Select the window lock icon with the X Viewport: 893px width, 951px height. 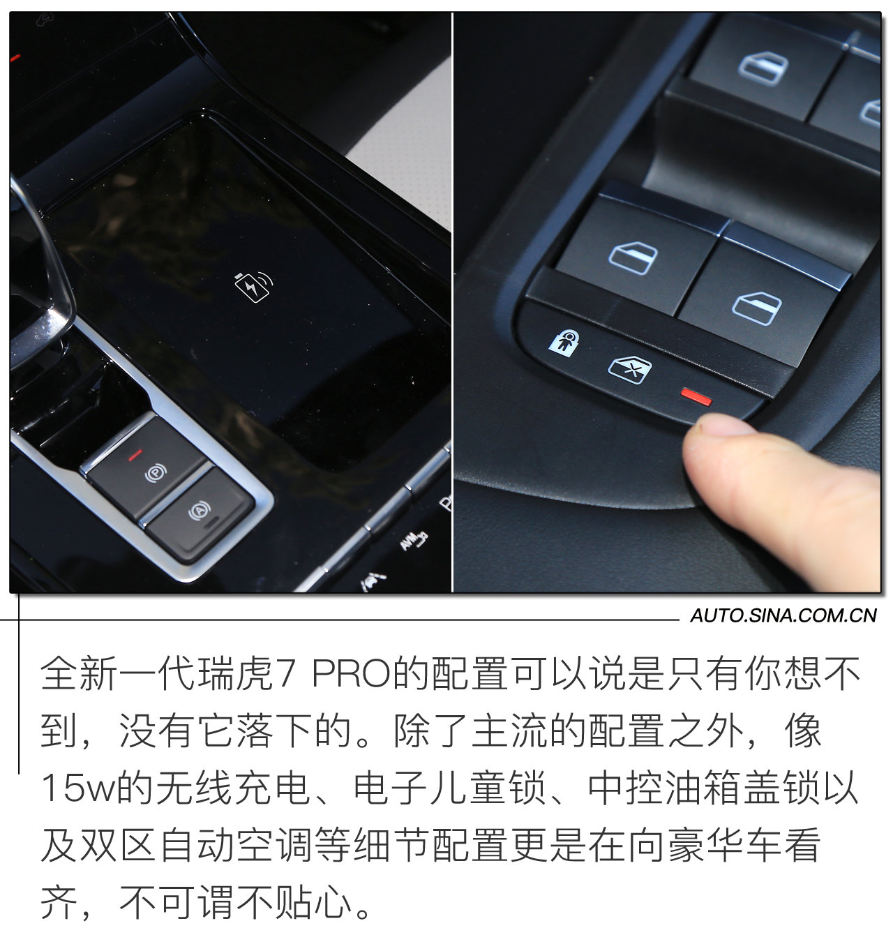coord(629,369)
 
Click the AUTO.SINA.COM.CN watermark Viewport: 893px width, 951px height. coord(783,615)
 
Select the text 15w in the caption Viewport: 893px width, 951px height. coord(76,789)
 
